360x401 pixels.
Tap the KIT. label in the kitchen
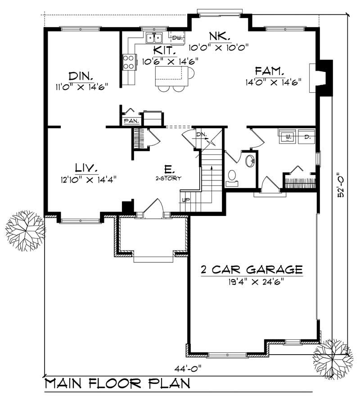164,50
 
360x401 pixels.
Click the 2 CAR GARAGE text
251,270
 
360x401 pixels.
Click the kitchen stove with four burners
129,62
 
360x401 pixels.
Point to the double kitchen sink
154,37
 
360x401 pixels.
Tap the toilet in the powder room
233,177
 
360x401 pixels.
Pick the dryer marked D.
306,136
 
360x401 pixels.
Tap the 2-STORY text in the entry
169,178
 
